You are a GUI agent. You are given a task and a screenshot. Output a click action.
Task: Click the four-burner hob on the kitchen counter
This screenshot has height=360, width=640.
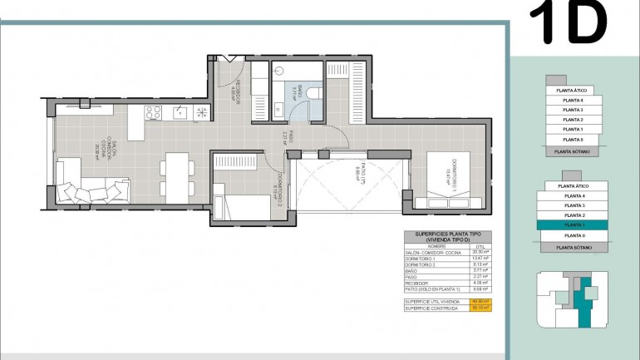(153, 112)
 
